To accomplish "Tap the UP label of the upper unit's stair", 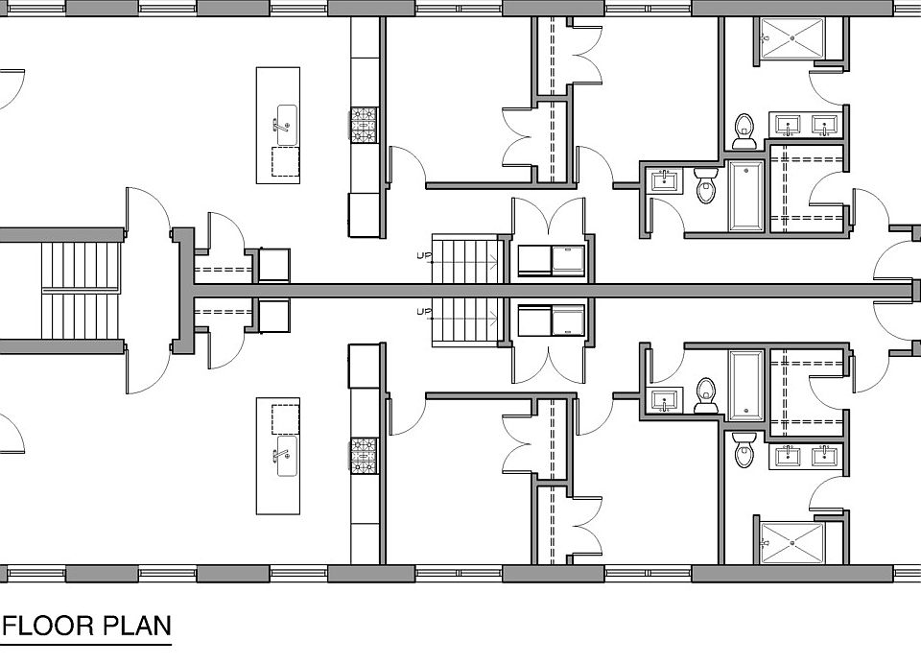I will [422, 255].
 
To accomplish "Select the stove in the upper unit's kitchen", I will [365, 125].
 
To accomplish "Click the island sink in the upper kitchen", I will [283, 122].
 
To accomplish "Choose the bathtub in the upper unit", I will [746, 196].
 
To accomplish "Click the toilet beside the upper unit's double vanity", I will [744, 130].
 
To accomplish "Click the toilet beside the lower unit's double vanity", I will [744, 449].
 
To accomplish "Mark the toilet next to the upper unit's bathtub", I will [706, 185].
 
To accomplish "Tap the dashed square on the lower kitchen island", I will [285, 419].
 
